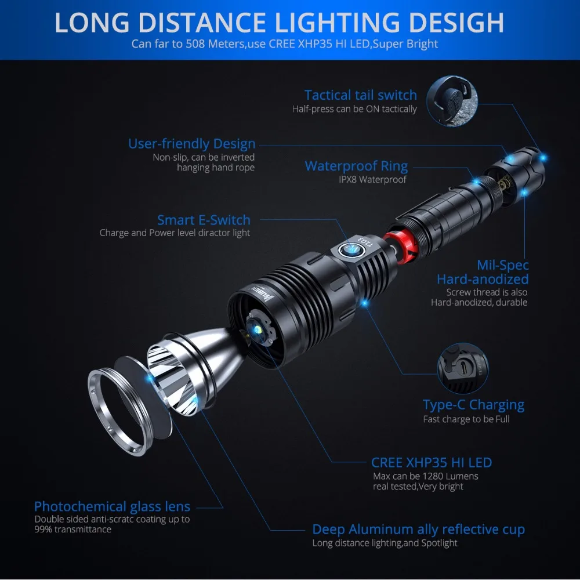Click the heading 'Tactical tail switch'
pyautogui.click(x=360, y=95)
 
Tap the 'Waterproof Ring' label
pyautogui.click(x=356, y=166)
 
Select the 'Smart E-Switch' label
pyautogui.click(x=204, y=220)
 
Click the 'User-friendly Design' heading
pyautogui.click(x=191, y=144)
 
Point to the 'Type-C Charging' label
pyautogui.click(x=473, y=405)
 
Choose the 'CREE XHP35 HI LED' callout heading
pyautogui.click(x=431, y=463)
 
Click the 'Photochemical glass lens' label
pyautogui.click(x=112, y=506)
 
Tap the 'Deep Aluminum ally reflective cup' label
pyautogui.click(x=418, y=530)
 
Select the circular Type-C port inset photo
pyautogui.click(x=462, y=367)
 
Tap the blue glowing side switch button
pyautogui.click(x=351, y=249)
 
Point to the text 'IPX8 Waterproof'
pyautogui.click(x=373, y=180)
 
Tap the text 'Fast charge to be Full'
pyautogui.click(x=466, y=419)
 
